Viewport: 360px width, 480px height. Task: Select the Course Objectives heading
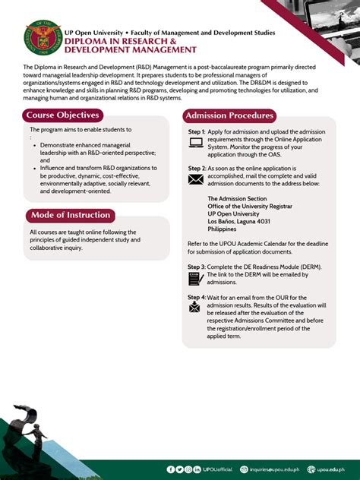pyautogui.click(x=63, y=115)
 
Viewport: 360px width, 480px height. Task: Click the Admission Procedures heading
pyautogui.click(x=229, y=115)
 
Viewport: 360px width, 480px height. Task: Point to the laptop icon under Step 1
pyautogui.click(x=195, y=142)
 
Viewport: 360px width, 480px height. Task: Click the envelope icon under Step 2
pyautogui.click(x=195, y=179)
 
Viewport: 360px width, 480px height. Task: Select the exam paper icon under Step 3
pyautogui.click(x=195, y=279)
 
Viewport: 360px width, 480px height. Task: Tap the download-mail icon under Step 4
pyautogui.click(x=195, y=307)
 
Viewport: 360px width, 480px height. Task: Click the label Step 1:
pyautogui.click(x=197, y=131)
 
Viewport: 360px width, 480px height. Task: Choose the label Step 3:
pyautogui.click(x=197, y=267)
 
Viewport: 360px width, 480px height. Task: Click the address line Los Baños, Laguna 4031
pyautogui.click(x=238, y=221)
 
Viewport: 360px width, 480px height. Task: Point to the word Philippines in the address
pyautogui.click(x=222, y=229)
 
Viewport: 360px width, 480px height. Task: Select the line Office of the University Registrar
pyautogui.click(x=250, y=206)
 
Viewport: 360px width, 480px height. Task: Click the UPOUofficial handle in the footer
pyautogui.click(x=216, y=469)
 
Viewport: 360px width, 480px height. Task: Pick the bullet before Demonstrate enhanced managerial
pyautogui.click(x=34, y=144)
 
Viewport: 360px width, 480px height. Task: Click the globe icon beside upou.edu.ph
pyautogui.click(x=311, y=469)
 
